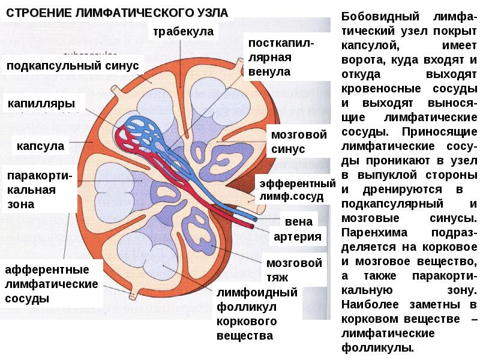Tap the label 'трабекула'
coord(182,31)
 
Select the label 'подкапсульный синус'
coord(73,64)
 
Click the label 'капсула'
coord(40,145)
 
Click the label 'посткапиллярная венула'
coord(279,58)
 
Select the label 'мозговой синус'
coord(298,141)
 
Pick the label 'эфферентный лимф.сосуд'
coord(296,189)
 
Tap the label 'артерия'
coord(298,237)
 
